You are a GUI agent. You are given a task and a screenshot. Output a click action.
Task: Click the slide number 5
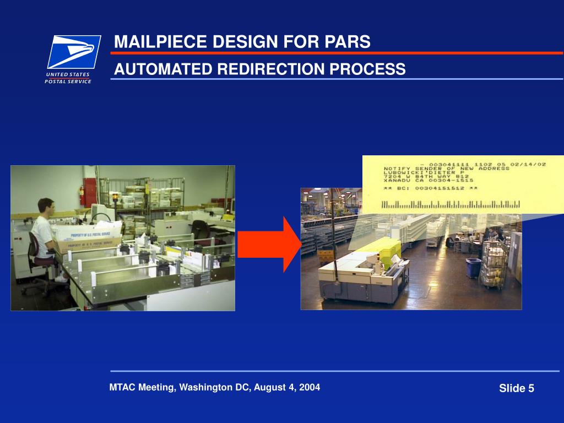point(531,389)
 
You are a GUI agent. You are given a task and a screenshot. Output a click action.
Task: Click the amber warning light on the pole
point(115,197)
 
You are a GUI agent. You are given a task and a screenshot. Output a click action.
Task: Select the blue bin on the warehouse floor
point(473,268)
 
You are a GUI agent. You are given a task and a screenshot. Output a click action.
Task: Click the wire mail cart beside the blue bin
point(495,264)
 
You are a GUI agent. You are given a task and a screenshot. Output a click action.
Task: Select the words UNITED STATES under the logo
point(63,74)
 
